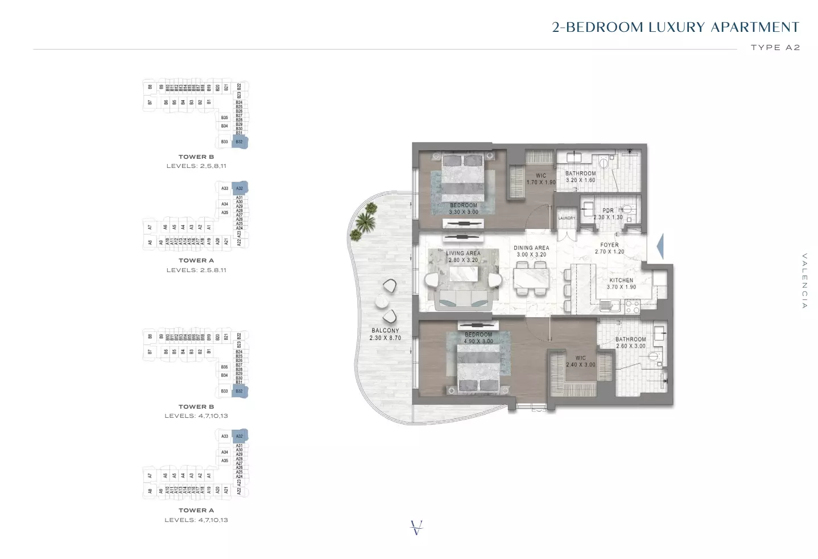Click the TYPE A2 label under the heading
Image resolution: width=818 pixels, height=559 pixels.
click(775, 48)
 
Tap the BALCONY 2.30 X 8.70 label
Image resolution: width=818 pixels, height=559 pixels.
click(385, 334)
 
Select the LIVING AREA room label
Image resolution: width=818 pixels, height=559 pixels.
click(463, 257)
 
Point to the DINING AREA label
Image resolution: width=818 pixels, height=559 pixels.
click(531, 251)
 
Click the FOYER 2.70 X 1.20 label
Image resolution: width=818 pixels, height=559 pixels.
click(609, 248)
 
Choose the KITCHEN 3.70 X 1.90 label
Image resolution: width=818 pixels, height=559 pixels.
click(621, 283)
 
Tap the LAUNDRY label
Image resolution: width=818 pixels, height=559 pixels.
click(567, 218)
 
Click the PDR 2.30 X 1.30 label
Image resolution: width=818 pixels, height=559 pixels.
click(608, 214)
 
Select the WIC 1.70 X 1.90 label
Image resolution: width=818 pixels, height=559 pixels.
click(540, 179)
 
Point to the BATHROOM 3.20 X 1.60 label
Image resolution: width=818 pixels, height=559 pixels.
click(580, 176)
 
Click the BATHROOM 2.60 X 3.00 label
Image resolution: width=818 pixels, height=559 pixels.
click(630, 343)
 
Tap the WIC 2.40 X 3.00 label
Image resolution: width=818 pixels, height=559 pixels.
click(580, 361)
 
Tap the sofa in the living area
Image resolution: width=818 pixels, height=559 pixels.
click(463, 300)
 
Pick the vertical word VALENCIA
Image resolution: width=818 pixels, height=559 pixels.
click(804, 281)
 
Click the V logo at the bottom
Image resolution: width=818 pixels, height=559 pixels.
click(416, 528)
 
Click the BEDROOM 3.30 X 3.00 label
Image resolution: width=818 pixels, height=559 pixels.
click(464, 209)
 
